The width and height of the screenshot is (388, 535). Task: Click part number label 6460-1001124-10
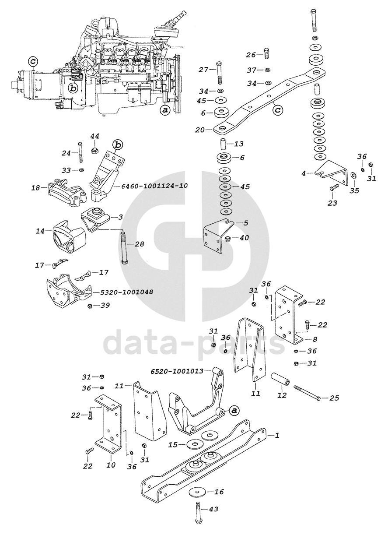pos(152,186)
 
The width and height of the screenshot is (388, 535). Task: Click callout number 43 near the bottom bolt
pos(214,509)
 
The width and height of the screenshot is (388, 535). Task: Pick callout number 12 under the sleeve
pos(282,395)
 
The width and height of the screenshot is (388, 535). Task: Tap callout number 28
pos(139,243)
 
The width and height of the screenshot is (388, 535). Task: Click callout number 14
pos(40,231)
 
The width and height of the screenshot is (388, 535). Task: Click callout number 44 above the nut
pos(94,137)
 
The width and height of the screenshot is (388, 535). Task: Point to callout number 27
pos(204,70)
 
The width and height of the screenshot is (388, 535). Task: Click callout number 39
pos(105,305)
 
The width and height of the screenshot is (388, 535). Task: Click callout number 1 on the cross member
pos(277,435)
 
